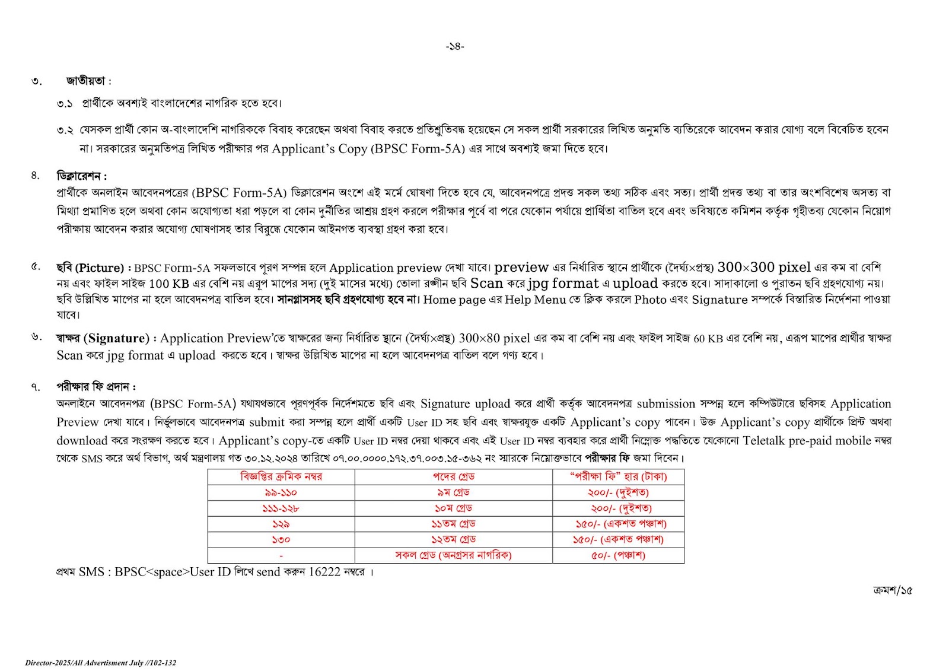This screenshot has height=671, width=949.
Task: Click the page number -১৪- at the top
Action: coord(455,46)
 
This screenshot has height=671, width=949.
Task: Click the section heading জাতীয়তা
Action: coord(86,81)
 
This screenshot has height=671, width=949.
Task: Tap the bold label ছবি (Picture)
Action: coord(90,268)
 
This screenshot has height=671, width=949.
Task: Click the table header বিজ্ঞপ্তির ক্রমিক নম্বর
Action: coord(281,476)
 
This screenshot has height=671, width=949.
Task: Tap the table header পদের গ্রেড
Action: coord(454,476)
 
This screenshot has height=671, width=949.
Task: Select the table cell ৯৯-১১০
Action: coord(281,492)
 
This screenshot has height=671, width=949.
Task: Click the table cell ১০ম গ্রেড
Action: coord(454,508)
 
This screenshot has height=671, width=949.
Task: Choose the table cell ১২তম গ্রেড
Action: coord(454,539)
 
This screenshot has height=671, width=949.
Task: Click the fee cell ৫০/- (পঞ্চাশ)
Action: coord(618,555)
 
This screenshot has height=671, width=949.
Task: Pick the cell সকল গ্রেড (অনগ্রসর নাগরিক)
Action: coord(454,555)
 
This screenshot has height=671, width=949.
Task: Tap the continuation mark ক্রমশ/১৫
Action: coord(893,590)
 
